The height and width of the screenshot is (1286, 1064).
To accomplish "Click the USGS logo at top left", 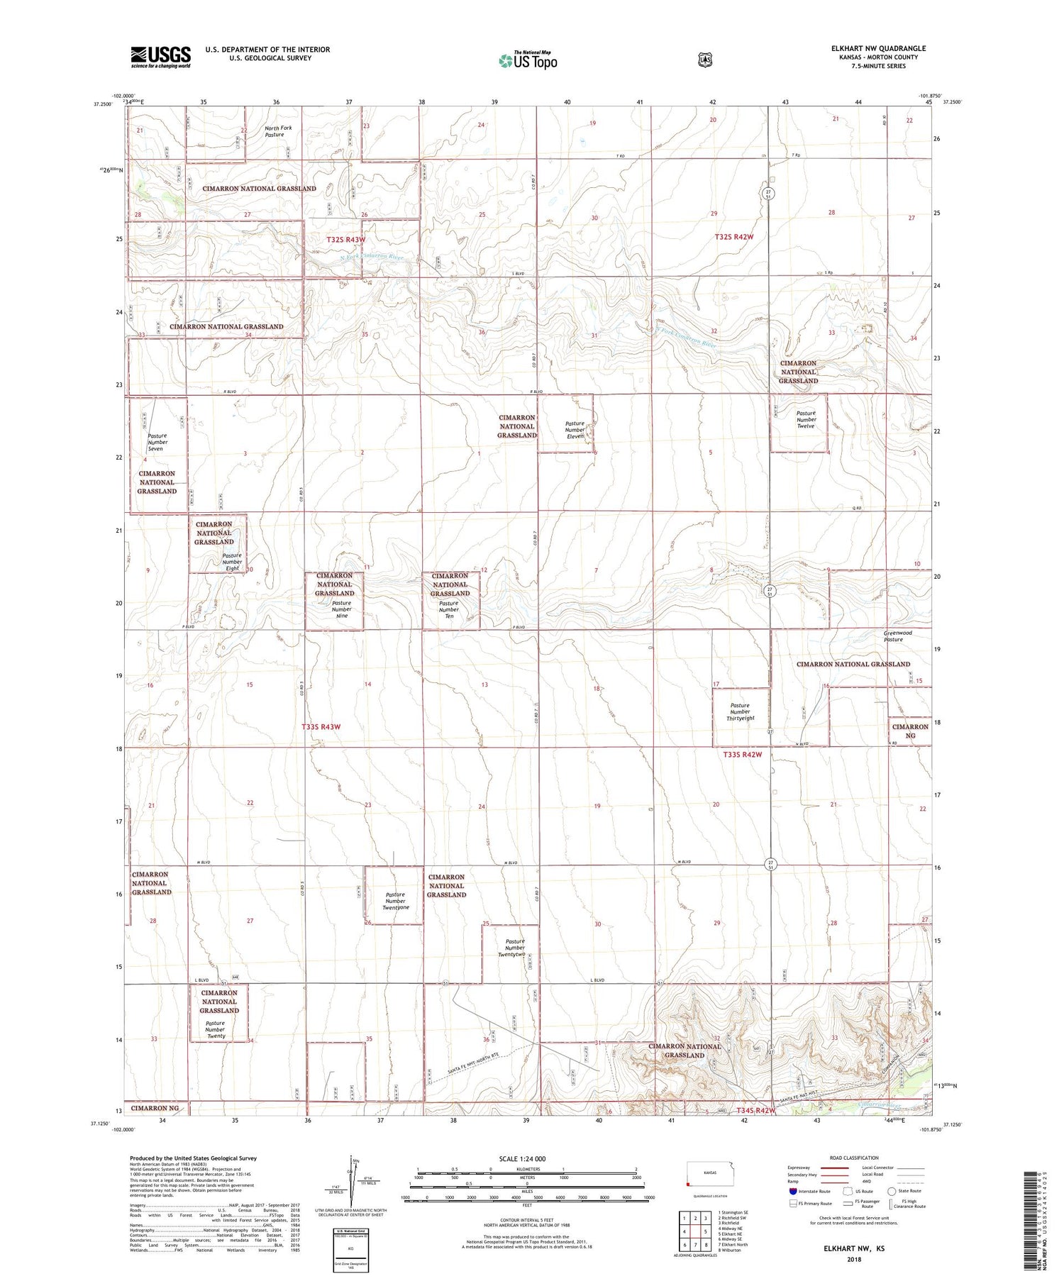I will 160,57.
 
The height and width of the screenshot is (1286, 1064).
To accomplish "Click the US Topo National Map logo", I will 528,60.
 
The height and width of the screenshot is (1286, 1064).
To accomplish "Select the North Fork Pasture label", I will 277,131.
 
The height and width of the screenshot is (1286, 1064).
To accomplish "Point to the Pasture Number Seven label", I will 157,442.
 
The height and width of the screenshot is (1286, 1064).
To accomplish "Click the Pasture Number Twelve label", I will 806,419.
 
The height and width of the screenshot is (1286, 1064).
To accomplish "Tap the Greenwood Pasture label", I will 897,636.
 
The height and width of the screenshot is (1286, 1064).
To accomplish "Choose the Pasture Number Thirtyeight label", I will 740,711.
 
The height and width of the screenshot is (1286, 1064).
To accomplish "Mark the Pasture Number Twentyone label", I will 395,901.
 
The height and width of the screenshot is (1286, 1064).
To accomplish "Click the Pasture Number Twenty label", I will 216,1029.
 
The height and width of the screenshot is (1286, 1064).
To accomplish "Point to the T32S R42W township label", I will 733,237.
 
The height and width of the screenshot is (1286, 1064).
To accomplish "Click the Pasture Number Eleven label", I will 575,430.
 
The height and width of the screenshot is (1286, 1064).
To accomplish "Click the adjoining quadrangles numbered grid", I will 695,1232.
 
